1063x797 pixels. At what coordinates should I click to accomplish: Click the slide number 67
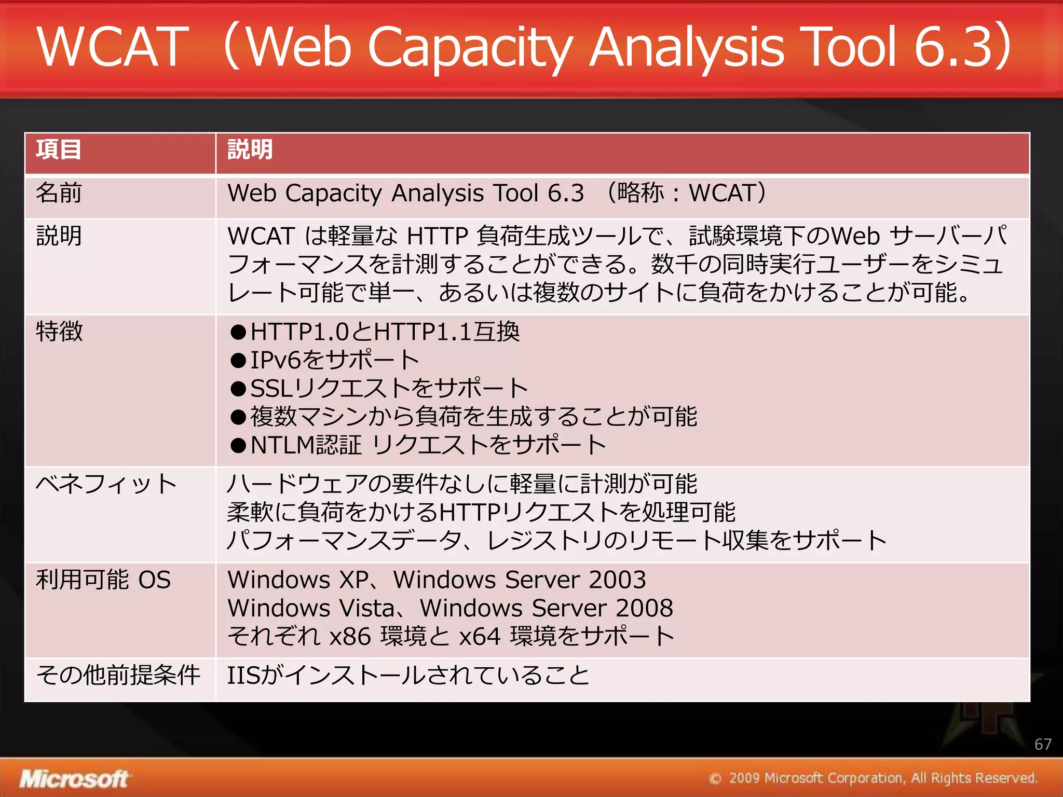tap(1042, 744)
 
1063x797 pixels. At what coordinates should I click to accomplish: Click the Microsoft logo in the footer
tap(74, 778)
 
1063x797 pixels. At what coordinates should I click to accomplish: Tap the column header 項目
tap(59, 149)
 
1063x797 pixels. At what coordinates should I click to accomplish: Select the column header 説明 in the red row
tap(250, 149)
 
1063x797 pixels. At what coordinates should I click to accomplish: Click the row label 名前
tap(59, 193)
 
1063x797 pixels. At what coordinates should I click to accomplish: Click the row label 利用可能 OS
tap(103, 580)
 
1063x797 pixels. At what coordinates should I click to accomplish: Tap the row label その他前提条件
tap(118, 675)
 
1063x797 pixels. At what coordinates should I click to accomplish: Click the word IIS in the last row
tap(243, 675)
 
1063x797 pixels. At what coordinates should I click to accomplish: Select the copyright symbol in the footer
tap(715, 778)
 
